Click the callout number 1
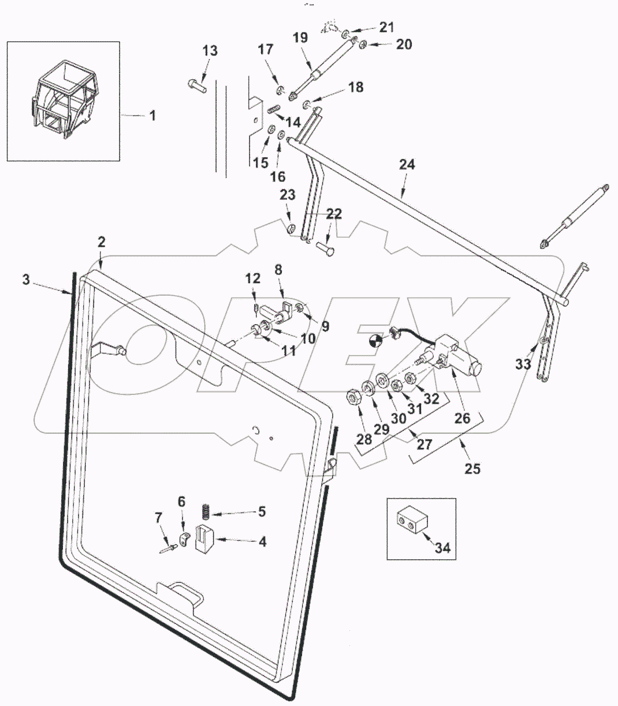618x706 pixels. [x=152, y=116]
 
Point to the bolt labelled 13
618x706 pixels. [x=197, y=85]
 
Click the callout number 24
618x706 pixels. [x=407, y=165]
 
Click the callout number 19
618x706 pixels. [x=300, y=39]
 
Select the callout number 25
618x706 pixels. [x=472, y=468]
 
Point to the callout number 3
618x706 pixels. [x=26, y=280]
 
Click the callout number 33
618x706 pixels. [x=523, y=364]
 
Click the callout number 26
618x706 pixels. [x=462, y=418]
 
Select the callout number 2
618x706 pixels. [x=101, y=243]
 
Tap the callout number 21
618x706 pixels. [x=386, y=27]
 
